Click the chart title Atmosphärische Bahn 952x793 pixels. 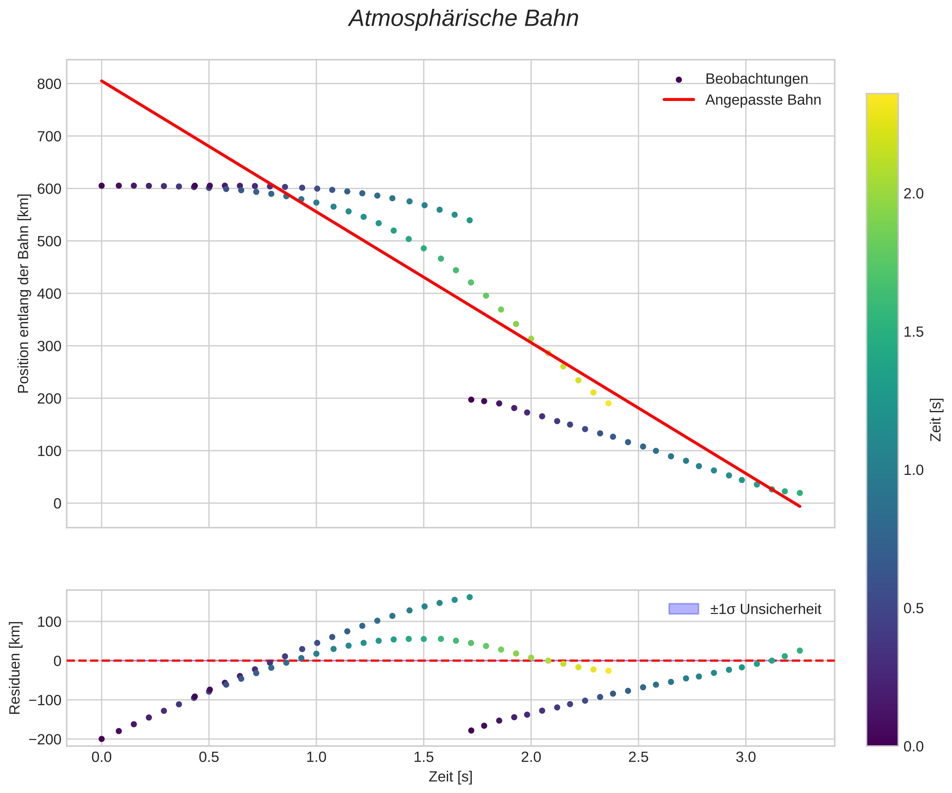[463, 19]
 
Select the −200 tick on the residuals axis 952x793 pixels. [45, 739]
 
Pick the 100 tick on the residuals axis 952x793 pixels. [49, 622]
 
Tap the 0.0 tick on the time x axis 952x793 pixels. [102, 758]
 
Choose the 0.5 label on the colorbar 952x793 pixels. [914, 608]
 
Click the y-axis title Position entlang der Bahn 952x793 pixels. [24, 293]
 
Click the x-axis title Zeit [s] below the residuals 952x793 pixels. [450, 777]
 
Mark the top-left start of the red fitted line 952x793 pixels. [102, 81]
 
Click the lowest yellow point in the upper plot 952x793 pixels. [608, 404]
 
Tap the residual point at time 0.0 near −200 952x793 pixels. [102, 739]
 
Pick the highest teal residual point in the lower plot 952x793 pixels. [470, 597]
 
